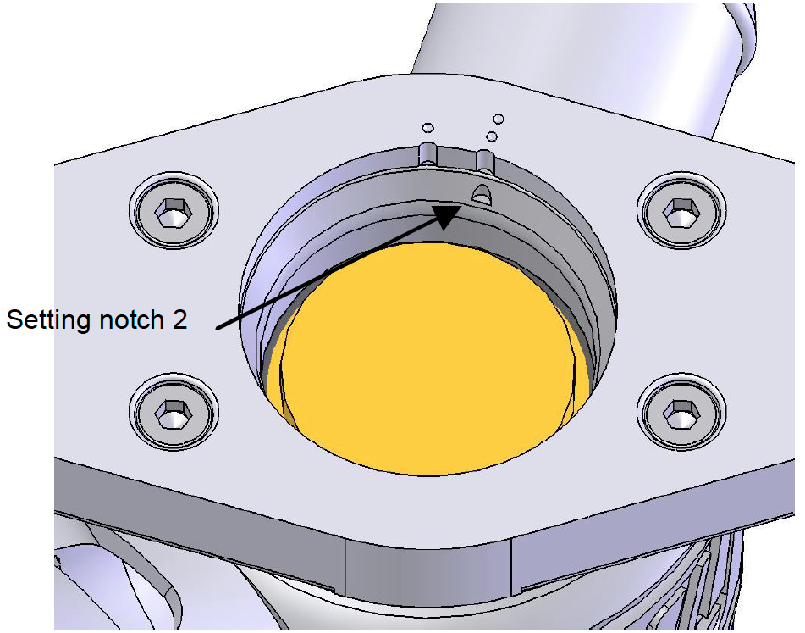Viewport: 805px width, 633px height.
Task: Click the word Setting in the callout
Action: pyautogui.click(x=49, y=320)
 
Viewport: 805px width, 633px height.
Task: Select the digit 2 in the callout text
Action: pyautogui.click(x=179, y=319)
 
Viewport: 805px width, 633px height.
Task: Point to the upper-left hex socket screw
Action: pyautogui.click(x=174, y=211)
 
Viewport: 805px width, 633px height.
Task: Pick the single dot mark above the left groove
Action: pyautogui.click(x=427, y=127)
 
